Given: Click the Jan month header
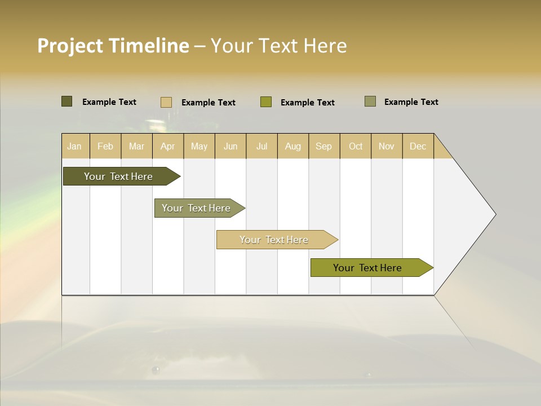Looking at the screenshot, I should [x=75, y=146].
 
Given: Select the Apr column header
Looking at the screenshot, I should [x=168, y=146].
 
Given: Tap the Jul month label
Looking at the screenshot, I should [x=261, y=146].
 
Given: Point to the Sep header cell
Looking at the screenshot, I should [x=323, y=146].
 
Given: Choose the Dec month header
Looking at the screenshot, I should [x=418, y=146].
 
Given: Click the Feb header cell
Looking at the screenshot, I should [x=105, y=146].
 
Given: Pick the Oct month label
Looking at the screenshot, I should [x=356, y=146].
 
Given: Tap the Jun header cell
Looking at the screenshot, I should [x=230, y=146].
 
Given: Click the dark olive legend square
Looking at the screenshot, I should [x=66, y=101].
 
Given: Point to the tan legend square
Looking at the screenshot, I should [x=166, y=102].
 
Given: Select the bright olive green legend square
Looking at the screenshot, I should [x=266, y=102].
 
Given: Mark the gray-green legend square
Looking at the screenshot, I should [x=370, y=101].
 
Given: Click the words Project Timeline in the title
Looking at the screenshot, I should [x=113, y=46].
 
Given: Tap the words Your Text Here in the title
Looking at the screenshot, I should [x=278, y=46].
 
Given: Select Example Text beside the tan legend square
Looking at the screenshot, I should [x=209, y=103].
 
